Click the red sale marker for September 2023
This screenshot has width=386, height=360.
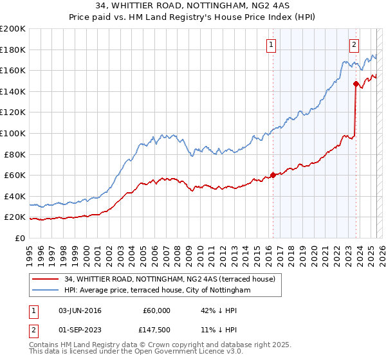[356, 83]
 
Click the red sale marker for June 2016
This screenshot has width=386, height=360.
[273, 175]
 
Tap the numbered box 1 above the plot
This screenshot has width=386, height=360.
[271, 45]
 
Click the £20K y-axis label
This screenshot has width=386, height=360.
[15, 217]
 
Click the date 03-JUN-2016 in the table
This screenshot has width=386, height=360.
[80, 310]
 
